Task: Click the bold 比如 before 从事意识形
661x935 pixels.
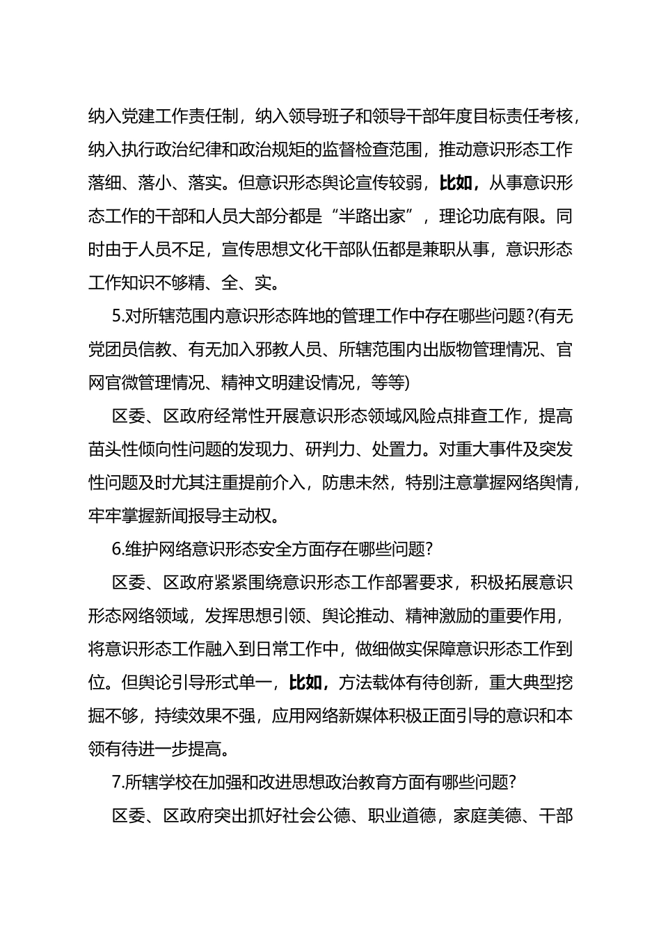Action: (x=456, y=184)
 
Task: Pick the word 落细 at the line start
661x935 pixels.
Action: (x=105, y=184)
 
